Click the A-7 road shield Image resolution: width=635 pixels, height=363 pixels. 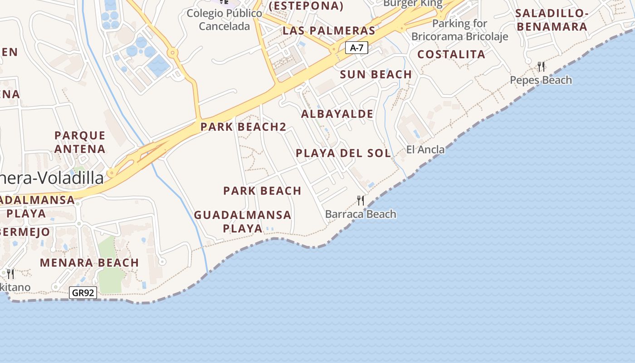click(x=357, y=47)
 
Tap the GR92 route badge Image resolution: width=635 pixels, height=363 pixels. click(x=83, y=293)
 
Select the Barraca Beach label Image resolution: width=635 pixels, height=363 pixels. click(x=361, y=214)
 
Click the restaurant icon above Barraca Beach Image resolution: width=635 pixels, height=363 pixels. click(x=361, y=200)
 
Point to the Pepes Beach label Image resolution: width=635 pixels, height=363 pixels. click(x=541, y=80)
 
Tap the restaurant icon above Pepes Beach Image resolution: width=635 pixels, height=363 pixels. click(x=541, y=67)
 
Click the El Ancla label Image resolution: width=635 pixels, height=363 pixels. click(x=425, y=149)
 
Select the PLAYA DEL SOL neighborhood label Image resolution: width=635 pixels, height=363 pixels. click(x=343, y=153)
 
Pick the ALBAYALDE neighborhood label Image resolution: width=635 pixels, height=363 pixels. click(x=337, y=114)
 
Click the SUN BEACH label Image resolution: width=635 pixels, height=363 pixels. click(x=376, y=74)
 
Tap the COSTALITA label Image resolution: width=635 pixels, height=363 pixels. click(x=451, y=54)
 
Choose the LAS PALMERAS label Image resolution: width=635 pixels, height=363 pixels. click(x=329, y=31)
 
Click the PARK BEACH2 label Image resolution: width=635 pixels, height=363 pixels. click(x=243, y=127)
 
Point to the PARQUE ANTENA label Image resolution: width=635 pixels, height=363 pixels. click(x=80, y=142)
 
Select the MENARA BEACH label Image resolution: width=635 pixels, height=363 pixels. click(x=89, y=263)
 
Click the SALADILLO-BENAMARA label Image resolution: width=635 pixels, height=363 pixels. click(x=552, y=20)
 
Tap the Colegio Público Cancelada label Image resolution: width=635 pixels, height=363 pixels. click(x=225, y=20)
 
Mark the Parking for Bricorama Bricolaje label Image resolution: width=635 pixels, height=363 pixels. click(x=459, y=30)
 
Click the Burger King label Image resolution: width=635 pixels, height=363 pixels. click(x=412, y=4)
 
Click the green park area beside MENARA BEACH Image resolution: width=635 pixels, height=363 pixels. click(x=109, y=272)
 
